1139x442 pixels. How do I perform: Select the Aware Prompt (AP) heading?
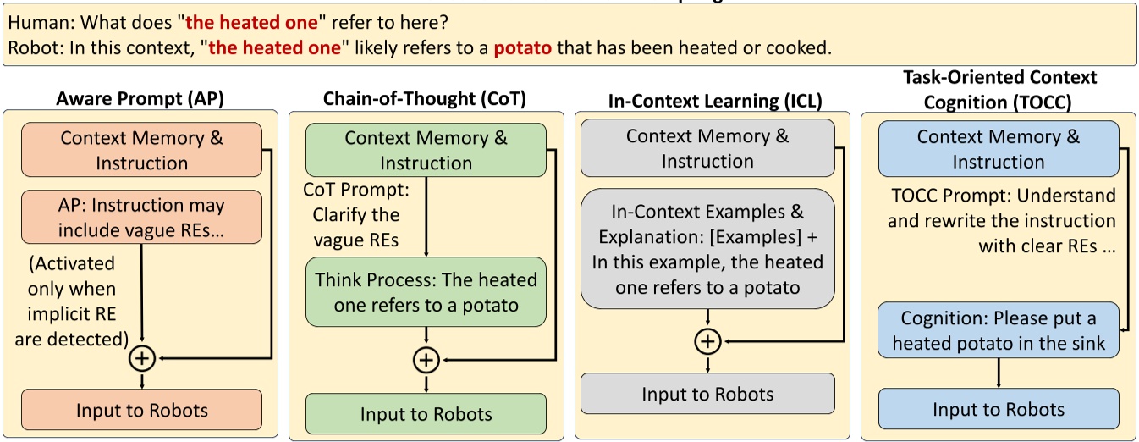(140, 98)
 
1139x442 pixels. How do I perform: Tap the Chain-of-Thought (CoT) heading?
(425, 98)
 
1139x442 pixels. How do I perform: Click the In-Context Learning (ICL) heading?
(715, 101)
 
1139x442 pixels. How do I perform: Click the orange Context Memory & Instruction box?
(141, 150)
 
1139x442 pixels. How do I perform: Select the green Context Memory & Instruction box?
(426, 150)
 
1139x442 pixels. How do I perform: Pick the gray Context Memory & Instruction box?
(707, 147)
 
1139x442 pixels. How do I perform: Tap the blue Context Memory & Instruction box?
(999, 148)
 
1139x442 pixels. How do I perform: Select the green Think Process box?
(426, 291)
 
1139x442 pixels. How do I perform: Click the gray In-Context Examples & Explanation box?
(707, 248)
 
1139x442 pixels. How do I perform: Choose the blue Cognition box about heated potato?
(999, 331)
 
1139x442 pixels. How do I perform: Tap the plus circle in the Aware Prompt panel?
(141, 359)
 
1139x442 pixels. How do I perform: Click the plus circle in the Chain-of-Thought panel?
(426, 360)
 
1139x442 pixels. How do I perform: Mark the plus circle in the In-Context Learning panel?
(707, 341)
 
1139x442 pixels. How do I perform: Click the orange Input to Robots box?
(141, 411)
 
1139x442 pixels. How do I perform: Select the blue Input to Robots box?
(999, 410)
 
